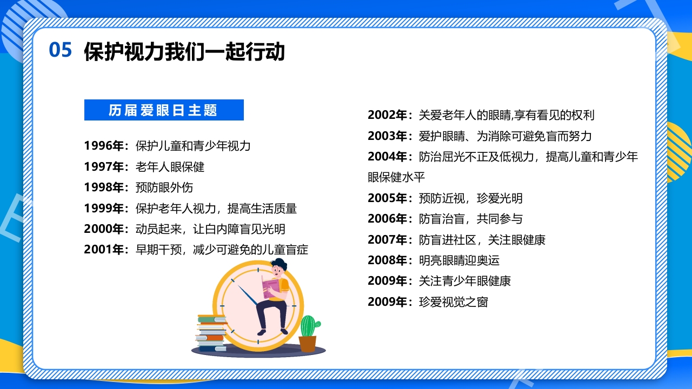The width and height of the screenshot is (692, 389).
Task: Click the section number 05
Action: click(x=61, y=50)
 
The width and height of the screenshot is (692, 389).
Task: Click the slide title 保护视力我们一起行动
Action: click(x=184, y=52)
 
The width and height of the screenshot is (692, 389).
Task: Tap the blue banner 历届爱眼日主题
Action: click(x=164, y=110)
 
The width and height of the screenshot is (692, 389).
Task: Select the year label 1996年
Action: click(x=106, y=146)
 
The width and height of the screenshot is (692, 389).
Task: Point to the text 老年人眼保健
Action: click(x=170, y=167)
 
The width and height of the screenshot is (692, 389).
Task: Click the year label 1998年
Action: click(x=106, y=187)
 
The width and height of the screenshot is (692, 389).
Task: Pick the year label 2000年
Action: click(x=106, y=229)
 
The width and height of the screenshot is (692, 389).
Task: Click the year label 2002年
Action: click(x=390, y=115)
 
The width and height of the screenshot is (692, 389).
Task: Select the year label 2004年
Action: click(x=390, y=157)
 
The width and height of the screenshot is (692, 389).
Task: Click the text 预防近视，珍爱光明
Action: click(x=470, y=198)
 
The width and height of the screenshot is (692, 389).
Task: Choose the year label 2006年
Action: click(x=390, y=219)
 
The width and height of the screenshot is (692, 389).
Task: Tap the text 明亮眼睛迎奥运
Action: click(x=459, y=260)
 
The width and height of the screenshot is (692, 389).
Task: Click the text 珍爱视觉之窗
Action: click(x=453, y=302)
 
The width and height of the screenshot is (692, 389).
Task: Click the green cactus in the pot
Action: click(x=309, y=326)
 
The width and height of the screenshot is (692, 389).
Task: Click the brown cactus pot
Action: click(x=307, y=344)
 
